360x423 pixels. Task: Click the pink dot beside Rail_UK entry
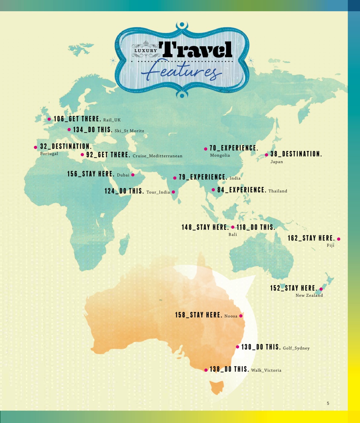coord(49,119)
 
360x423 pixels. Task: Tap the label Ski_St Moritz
coord(127,131)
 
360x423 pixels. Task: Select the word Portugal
coord(49,154)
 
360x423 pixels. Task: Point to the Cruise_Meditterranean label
coord(157,156)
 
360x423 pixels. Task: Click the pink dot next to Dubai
coord(133,175)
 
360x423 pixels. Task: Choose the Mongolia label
coord(220,155)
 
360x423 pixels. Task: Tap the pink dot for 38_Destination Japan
coord(266,155)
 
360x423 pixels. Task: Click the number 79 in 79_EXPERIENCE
coord(182,177)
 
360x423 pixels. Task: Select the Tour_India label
coord(158,192)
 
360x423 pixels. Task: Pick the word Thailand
coord(278,191)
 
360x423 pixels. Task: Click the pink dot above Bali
coord(233,227)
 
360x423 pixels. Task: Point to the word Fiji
coord(331,246)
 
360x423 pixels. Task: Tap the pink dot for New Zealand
coord(321,289)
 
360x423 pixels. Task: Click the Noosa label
coord(231,316)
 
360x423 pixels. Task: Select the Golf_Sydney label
coord(296,348)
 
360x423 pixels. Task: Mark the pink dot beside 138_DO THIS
coord(206,370)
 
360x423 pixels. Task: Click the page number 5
coord(328,403)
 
